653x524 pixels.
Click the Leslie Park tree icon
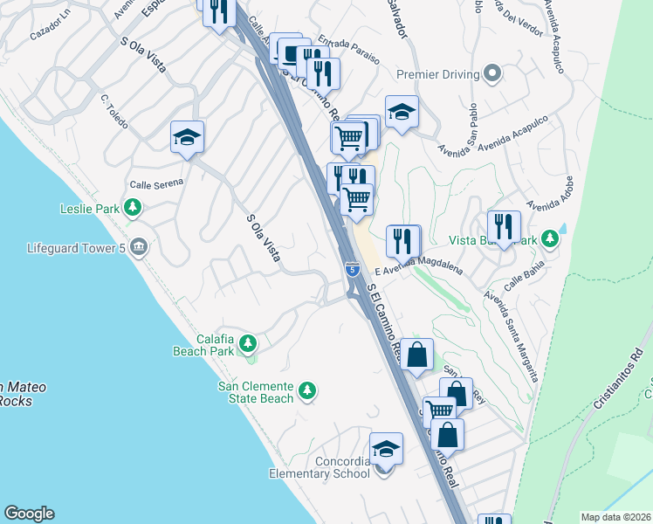click(133, 208)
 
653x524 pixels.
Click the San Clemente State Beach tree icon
click(306, 390)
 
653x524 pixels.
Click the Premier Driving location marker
click(493, 73)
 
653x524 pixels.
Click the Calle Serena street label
click(156, 183)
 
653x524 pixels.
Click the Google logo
click(29, 514)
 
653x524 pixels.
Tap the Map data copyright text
click(616, 517)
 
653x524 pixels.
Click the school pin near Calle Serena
click(187, 137)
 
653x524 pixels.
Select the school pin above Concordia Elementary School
click(386, 449)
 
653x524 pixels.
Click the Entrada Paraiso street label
click(348, 51)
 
